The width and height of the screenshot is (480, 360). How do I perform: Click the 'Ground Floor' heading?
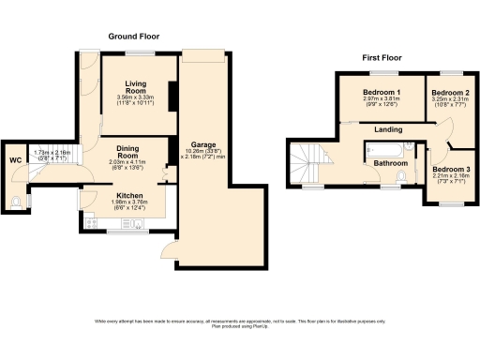(x=132, y=37)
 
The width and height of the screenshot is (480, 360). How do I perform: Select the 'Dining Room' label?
(x=128, y=152)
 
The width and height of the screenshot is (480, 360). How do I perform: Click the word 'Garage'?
(x=204, y=144)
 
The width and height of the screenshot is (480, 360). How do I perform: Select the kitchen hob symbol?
(x=90, y=222)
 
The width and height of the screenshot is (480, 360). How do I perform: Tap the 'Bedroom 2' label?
(x=448, y=94)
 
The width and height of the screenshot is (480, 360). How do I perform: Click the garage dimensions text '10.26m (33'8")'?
(x=204, y=152)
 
